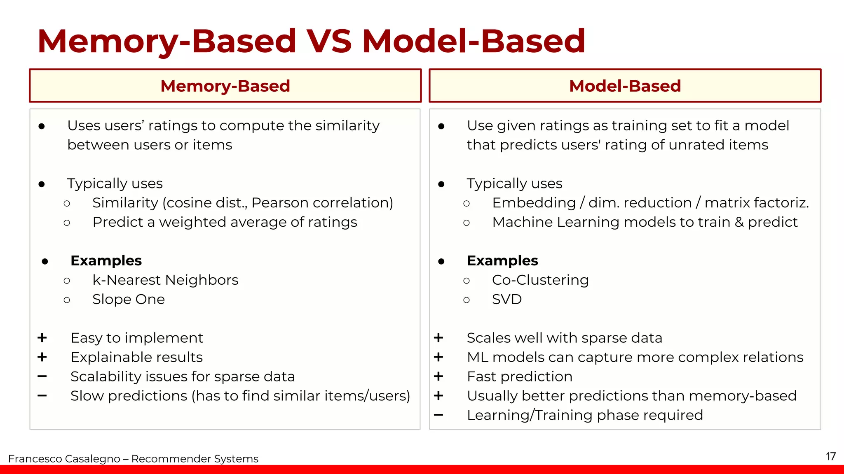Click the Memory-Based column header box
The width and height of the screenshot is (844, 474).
pos(225,86)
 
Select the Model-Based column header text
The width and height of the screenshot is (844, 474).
pos(625,86)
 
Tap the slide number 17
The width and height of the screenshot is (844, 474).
pos(830,456)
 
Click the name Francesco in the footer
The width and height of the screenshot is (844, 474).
pos(35,459)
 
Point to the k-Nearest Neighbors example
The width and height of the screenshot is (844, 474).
pos(165,280)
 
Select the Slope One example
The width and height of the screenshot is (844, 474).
pos(129,300)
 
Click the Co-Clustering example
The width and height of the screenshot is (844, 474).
pos(540,280)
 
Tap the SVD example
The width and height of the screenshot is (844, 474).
pos(507,300)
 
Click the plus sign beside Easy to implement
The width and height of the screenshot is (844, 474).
pos(42,338)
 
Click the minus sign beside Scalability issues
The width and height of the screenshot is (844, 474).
pos(42,376)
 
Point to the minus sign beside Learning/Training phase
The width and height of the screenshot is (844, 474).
pos(438,415)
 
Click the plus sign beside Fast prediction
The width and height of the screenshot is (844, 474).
pos(438,376)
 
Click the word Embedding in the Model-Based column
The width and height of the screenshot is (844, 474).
pos(534,203)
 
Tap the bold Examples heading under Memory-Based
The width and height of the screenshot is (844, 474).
pos(106,261)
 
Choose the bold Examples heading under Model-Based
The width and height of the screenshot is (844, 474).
pos(502,261)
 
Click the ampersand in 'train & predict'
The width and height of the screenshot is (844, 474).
pos(739,222)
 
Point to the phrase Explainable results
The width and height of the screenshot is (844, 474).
pos(136,357)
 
